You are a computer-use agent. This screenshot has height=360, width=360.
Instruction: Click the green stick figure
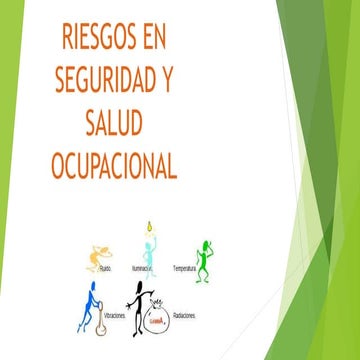tap(205, 259)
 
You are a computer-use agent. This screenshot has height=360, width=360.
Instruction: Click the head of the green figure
tap(206, 243)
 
